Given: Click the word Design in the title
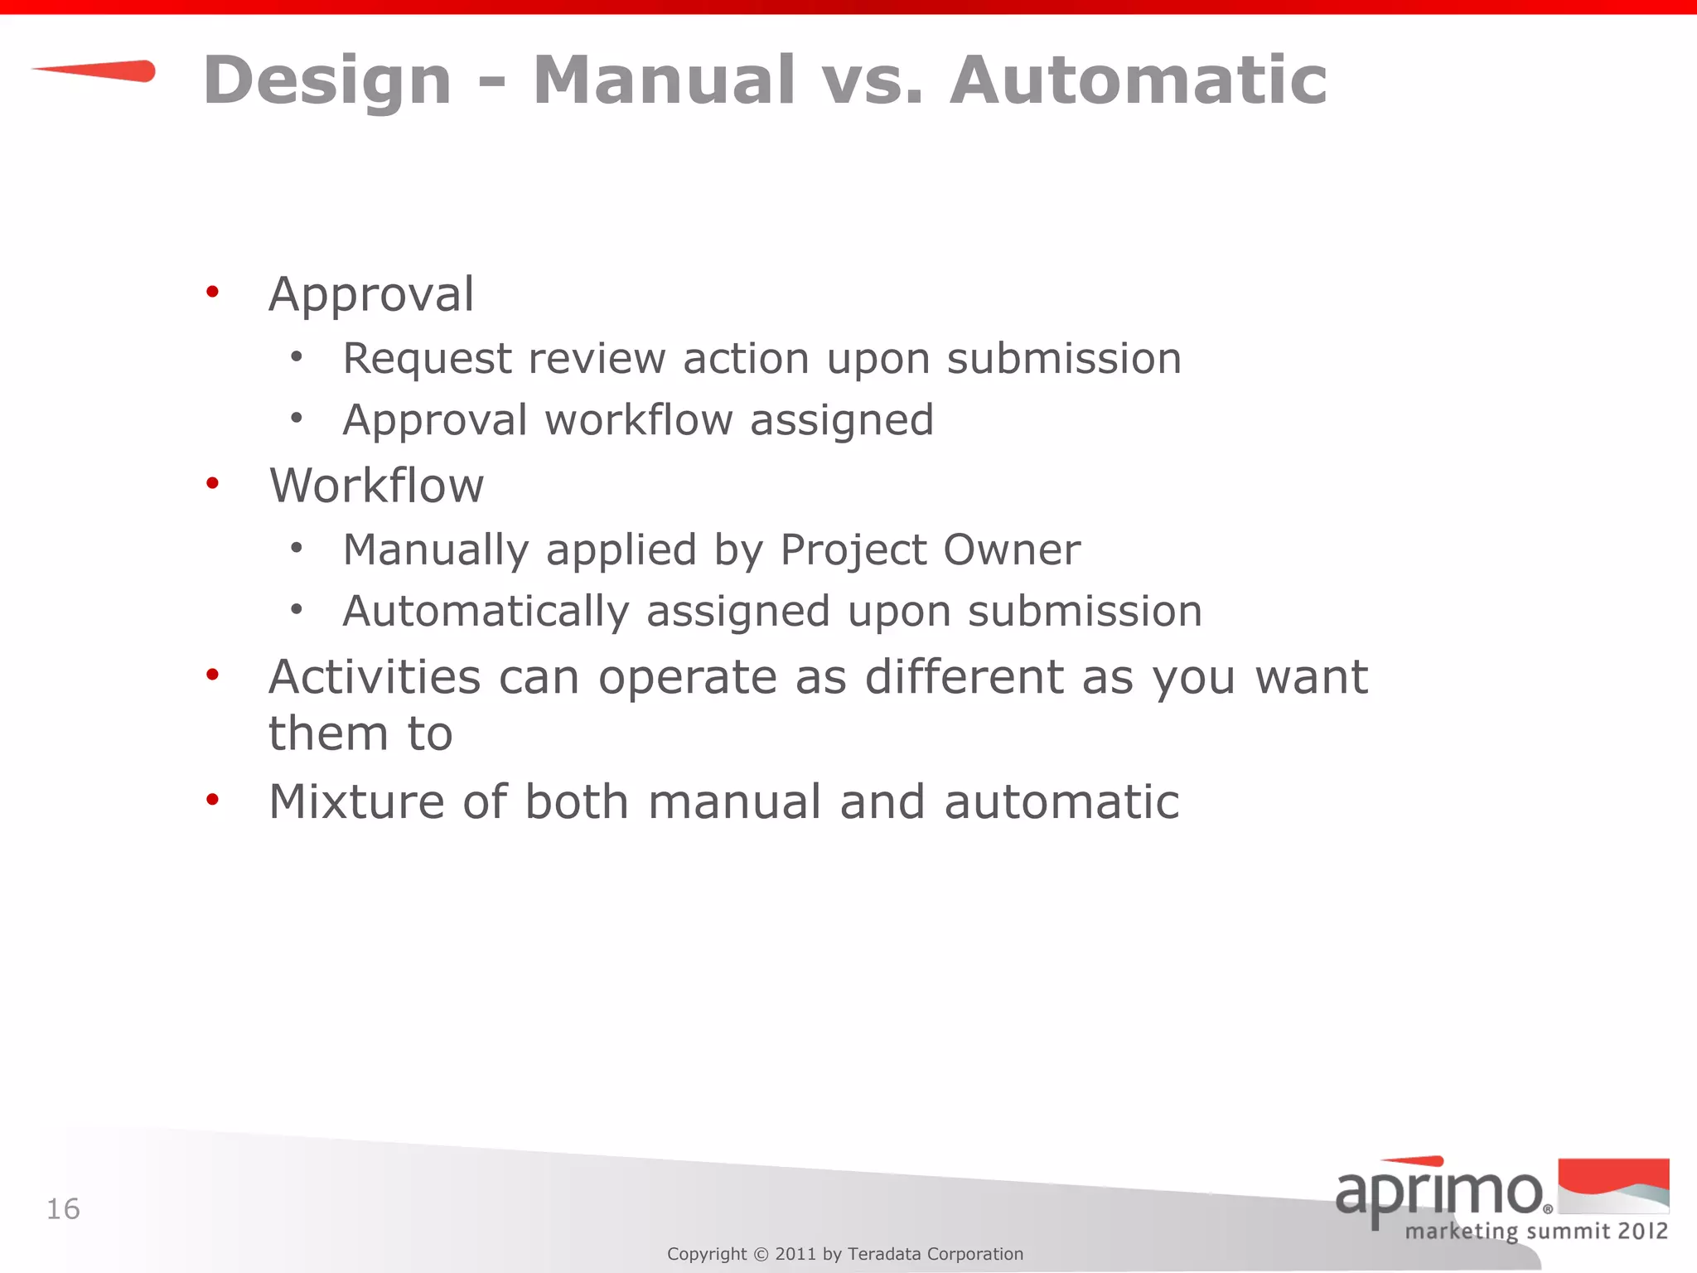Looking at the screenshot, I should (327, 81).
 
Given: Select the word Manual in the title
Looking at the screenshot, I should (664, 81).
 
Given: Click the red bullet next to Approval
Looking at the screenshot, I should (213, 292).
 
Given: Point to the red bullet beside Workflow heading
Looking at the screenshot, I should (213, 483).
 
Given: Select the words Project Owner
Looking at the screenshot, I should (930, 550).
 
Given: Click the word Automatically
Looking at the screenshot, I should (486, 612).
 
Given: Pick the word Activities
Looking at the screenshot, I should (375, 677).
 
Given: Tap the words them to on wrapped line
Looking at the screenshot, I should (360, 734).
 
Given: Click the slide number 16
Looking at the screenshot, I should (63, 1209).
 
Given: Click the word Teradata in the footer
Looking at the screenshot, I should (884, 1254).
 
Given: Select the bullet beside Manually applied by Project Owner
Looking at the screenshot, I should (297, 547).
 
